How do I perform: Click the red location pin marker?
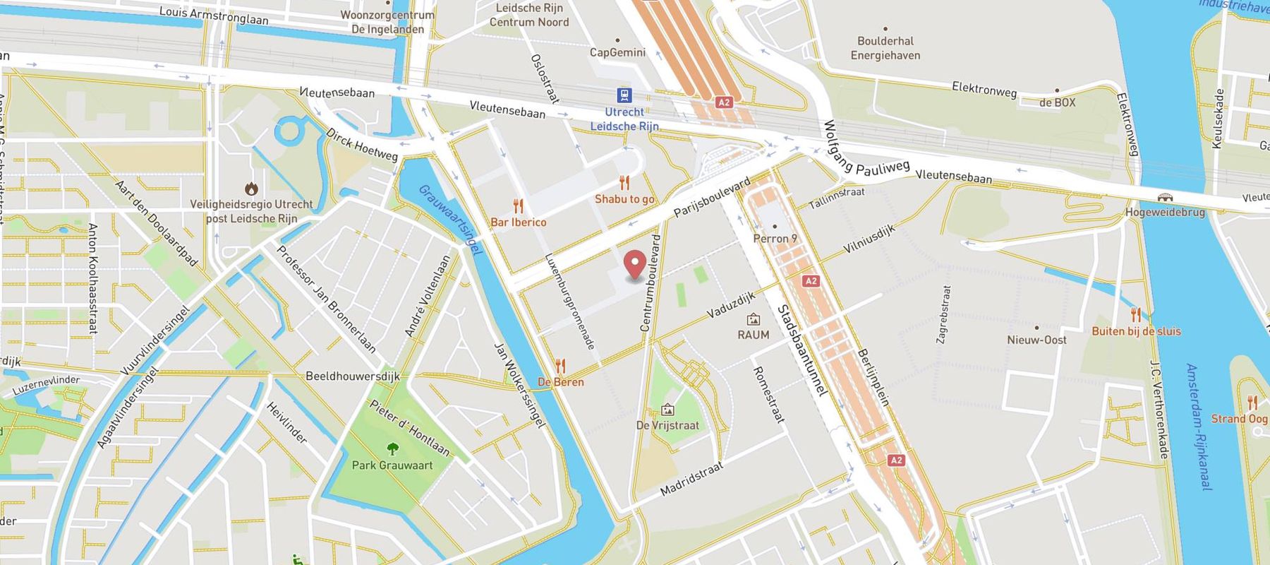(x=636, y=266)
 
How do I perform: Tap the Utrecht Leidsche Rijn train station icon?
(x=624, y=95)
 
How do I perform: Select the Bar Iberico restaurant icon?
(x=519, y=206)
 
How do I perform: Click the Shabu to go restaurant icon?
(x=624, y=183)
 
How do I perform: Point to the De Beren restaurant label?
(x=561, y=382)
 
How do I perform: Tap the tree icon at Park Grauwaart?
(x=392, y=448)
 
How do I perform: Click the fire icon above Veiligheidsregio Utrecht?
(x=251, y=189)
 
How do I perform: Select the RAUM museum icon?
(x=754, y=319)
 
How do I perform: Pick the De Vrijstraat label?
(x=667, y=425)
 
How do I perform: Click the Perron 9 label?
(x=775, y=239)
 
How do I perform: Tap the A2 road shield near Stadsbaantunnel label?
(x=811, y=281)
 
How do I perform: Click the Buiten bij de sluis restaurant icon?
(x=1135, y=315)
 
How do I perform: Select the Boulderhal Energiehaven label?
(x=885, y=48)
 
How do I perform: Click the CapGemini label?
(x=617, y=52)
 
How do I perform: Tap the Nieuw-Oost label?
(x=1036, y=340)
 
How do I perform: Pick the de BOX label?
(x=1057, y=102)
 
